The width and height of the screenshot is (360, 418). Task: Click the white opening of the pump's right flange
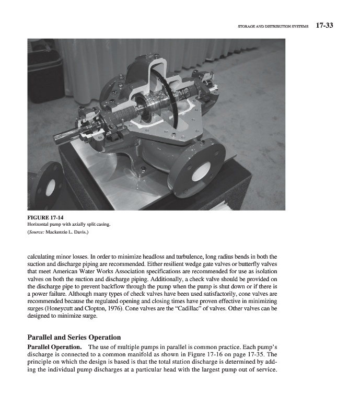(201, 169)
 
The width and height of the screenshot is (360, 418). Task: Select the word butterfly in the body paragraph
(241, 264)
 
